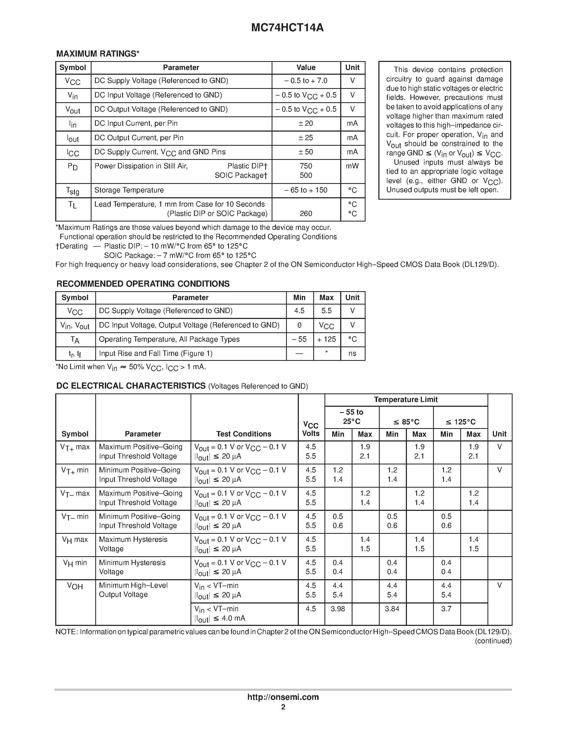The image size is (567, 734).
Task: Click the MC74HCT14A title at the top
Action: (x=287, y=27)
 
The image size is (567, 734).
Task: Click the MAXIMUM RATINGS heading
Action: (x=97, y=54)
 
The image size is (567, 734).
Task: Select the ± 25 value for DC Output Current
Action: (x=306, y=138)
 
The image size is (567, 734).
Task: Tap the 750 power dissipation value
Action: (x=306, y=166)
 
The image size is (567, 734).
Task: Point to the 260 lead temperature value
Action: (x=306, y=214)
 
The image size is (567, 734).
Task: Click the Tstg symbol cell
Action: (x=73, y=191)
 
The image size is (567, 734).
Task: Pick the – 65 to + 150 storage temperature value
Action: (x=306, y=190)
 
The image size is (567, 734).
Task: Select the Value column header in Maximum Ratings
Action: (x=306, y=68)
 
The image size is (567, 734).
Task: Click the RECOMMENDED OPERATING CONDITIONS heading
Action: (x=143, y=284)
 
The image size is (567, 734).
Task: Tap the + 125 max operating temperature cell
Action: (x=327, y=340)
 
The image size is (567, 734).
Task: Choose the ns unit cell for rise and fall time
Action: (x=352, y=354)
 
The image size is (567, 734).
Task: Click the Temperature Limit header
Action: (x=406, y=400)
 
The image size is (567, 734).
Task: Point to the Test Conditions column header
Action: (x=244, y=434)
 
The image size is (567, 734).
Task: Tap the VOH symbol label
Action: (x=75, y=586)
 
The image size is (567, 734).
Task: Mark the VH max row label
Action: (x=75, y=540)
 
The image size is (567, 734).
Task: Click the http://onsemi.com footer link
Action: (x=283, y=697)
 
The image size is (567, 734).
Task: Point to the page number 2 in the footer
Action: (x=283, y=707)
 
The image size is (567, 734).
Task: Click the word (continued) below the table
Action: (x=493, y=641)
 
